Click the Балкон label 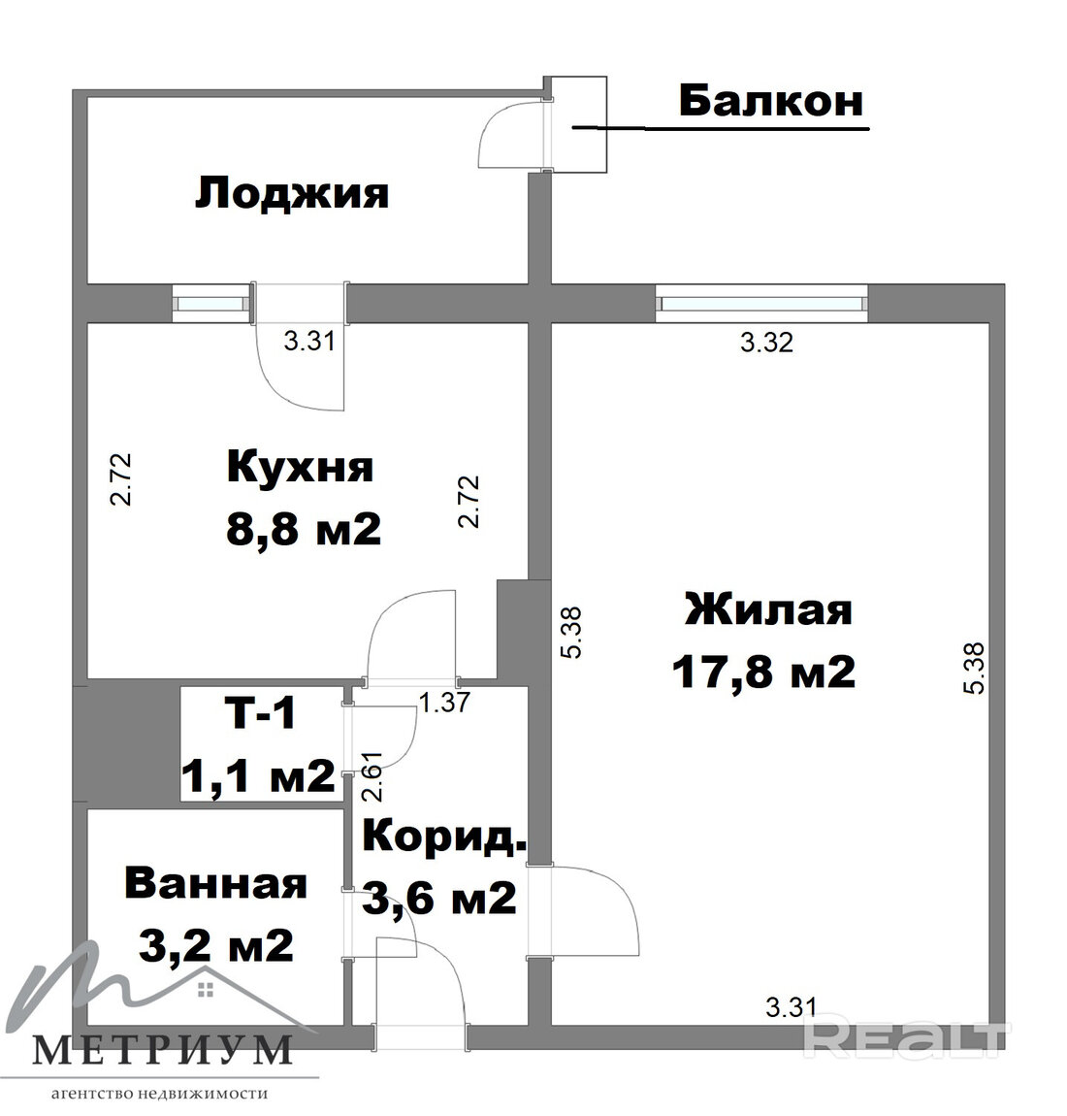click(771, 101)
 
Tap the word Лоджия click(292, 194)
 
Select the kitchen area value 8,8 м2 click(304, 530)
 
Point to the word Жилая click(768, 610)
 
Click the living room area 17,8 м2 click(763, 672)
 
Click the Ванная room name click(215, 884)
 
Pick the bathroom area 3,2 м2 click(216, 945)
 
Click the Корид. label click(444, 836)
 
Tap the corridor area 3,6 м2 click(438, 898)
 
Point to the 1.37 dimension click(444, 703)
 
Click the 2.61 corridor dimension click(372, 775)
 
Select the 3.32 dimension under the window click(766, 343)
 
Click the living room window click(761, 304)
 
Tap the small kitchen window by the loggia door click(212, 304)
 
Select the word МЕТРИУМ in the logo click(162, 1050)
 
